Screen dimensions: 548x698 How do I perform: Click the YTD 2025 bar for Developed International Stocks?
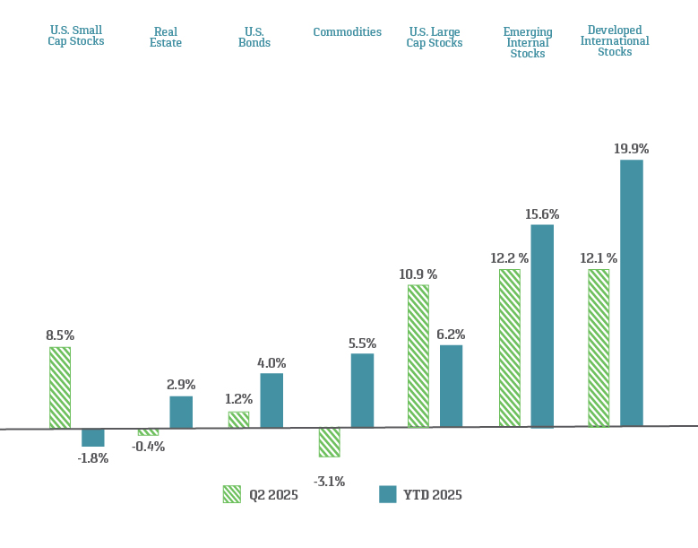click(632, 292)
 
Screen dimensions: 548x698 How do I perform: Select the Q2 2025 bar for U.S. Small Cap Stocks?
click(60, 387)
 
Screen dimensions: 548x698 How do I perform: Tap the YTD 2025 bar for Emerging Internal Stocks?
click(542, 326)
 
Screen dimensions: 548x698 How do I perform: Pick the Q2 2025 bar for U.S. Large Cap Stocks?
click(418, 356)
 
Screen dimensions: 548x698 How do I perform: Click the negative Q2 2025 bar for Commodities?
click(329, 442)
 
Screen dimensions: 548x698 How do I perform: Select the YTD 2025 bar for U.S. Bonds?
click(271, 400)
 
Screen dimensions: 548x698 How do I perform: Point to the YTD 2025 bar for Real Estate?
click(181, 412)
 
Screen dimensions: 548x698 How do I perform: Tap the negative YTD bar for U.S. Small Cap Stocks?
click(93, 438)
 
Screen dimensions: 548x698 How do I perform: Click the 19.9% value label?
click(631, 149)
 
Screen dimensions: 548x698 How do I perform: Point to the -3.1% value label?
click(329, 482)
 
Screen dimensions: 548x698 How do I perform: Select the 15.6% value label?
click(542, 214)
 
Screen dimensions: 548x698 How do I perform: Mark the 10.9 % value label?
click(418, 274)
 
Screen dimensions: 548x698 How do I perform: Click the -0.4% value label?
click(148, 447)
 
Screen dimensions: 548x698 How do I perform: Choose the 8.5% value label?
click(60, 335)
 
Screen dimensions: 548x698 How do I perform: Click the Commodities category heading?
click(347, 32)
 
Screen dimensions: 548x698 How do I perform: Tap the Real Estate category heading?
click(167, 37)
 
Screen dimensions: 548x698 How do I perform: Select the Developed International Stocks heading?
click(615, 41)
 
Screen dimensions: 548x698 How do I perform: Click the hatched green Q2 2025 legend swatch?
click(232, 494)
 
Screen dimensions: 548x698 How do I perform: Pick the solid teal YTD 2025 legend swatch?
click(387, 494)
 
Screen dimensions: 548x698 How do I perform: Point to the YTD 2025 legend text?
click(433, 495)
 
